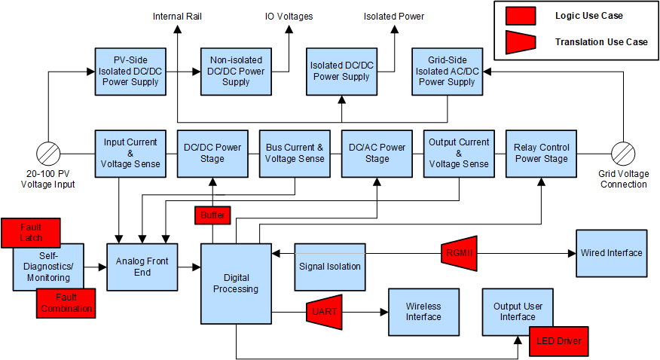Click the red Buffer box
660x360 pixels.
[212, 215]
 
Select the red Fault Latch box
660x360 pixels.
[32, 232]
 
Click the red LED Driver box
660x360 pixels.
[558, 340]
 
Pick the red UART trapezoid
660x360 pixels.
[325, 311]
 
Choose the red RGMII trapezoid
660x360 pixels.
[457, 253]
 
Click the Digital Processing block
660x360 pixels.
[235, 282]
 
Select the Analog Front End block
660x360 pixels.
[142, 267]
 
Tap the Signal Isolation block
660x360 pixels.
[329, 266]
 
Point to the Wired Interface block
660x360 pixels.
[611, 252]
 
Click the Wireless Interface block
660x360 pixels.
[423, 311]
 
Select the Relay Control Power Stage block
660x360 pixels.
[541, 153]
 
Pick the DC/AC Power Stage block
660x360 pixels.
[377, 153]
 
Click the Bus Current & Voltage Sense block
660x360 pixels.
[295, 153]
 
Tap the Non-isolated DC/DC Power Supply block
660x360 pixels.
[235, 72]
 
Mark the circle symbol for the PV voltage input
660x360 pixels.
[48, 153]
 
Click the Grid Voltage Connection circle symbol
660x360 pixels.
[623, 153]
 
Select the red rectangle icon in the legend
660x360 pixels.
[521, 16]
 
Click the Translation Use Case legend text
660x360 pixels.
[600, 42]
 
